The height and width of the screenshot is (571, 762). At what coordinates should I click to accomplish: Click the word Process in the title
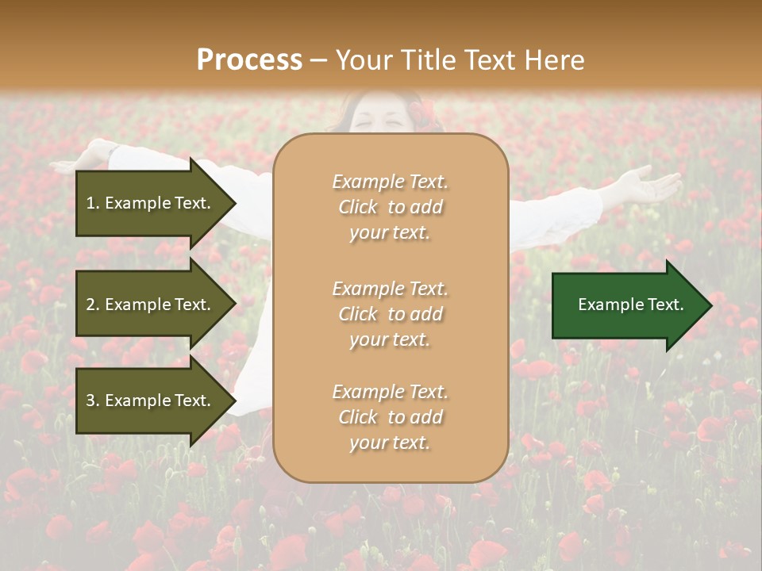pos(249,60)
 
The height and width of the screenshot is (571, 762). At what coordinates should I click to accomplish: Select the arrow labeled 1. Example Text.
pos(151,203)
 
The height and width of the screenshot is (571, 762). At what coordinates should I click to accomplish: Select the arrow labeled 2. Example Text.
pos(151,305)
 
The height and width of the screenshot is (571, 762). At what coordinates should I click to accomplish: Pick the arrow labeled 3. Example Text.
pos(151,400)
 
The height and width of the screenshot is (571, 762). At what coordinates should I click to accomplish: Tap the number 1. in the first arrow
pos(93,203)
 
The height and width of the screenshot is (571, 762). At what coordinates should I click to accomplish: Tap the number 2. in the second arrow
pos(93,305)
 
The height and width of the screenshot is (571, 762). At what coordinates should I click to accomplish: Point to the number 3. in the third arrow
pos(93,400)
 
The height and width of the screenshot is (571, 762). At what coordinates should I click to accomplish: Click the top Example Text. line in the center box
pos(390,182)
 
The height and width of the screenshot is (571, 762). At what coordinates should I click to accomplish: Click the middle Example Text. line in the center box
pos(390,288)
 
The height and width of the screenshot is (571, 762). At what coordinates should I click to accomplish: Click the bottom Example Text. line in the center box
pos(390,392)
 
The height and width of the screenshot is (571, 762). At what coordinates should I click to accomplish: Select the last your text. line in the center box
pos(390,443)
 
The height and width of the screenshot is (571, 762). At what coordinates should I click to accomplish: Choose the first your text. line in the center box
pos(390,233)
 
